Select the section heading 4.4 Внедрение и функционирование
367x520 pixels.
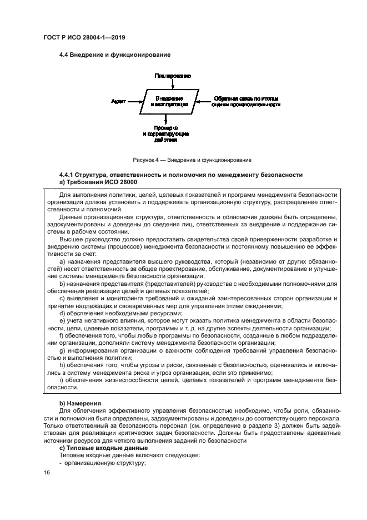[114, 55]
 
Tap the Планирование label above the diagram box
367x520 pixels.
[173, 75]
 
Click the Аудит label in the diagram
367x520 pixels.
[118, 101]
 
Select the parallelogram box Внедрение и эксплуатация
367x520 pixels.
[173, 101]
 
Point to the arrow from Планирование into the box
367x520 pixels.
[173, 83]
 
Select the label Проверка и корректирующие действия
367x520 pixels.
[166, 134]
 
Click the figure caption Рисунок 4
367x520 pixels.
[183, 160]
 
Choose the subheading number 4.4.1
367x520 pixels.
[67, 175]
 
